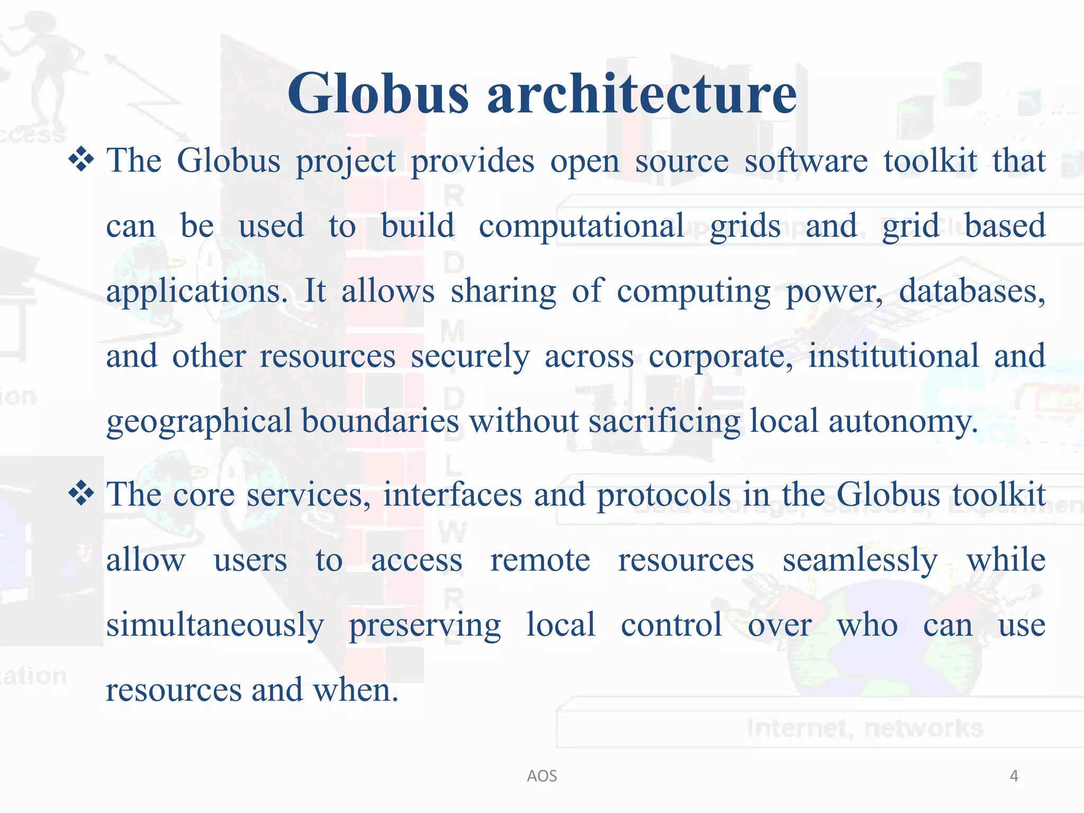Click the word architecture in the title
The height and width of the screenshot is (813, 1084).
[642, 94]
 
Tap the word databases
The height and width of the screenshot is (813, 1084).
[972, 292]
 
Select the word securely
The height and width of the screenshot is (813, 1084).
[470, 357]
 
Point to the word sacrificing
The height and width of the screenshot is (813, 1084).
[664, 422]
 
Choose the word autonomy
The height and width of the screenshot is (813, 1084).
[903, 422]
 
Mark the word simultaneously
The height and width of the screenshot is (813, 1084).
[215, 626]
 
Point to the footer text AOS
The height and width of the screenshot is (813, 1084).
[542, 776]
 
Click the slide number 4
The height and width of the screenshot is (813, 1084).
[1014, 776]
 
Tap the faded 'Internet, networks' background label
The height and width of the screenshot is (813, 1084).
[865, 728]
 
